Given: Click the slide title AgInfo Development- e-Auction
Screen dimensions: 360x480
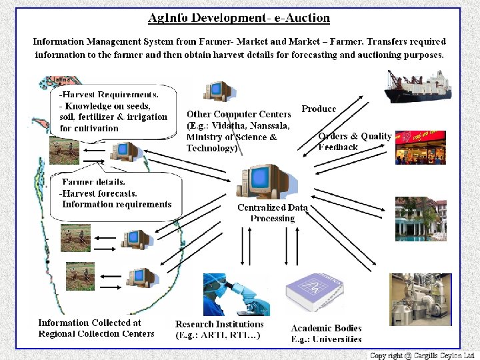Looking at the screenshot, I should click(239, 18).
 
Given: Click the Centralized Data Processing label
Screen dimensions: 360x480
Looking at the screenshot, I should click(272, 213).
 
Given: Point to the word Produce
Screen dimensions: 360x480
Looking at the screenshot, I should click(319, 109).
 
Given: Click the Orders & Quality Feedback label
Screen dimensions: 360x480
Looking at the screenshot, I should click(353, 141).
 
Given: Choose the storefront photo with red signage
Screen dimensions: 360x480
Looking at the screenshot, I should click(420, 147).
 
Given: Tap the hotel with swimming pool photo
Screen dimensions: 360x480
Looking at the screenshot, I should click(420, 219).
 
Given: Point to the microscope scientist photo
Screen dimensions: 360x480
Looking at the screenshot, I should click(236, 294).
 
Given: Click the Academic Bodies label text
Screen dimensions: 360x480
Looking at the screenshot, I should click(326, 333).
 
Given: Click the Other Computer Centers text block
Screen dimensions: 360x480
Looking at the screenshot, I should click(238, 131).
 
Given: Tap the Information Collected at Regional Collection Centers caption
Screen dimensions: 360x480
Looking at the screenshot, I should click(96, 328).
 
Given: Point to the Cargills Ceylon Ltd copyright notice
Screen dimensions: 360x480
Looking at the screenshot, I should click(422, 355).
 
